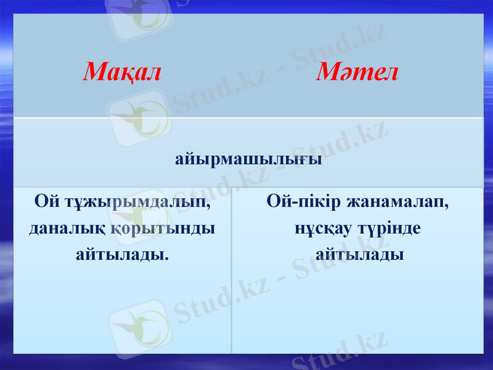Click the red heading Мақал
(x=122, y=73)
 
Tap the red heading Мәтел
(x=358, y=73)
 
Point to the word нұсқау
(x=323, y=228)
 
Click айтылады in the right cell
(x=360, y=253)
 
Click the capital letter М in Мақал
(x=94, y=73)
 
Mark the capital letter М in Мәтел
(x=328, y=73)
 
